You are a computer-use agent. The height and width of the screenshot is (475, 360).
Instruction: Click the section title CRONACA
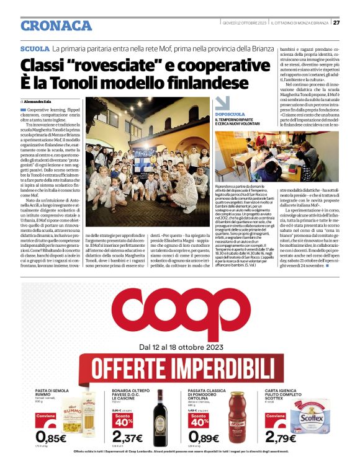(x=56, y=25)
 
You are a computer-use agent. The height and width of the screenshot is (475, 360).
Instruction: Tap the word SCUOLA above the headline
(x=35, y=48)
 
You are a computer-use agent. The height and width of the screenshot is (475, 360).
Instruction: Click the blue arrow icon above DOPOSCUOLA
(x=222, y=104)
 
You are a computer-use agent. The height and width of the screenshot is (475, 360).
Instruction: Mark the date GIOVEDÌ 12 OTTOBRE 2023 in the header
(x=245, y=24)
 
